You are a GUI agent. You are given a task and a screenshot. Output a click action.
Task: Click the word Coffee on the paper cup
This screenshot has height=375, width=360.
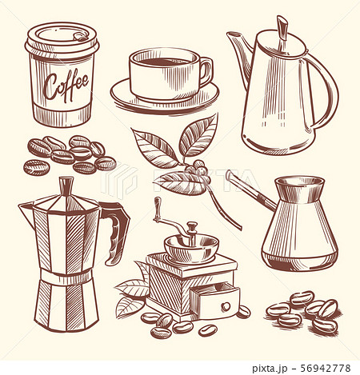tap(66, 85)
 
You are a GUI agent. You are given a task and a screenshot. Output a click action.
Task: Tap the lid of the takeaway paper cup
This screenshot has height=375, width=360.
tap(62, 41)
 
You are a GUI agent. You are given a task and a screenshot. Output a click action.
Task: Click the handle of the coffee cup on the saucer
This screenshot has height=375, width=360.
tap(206, 71)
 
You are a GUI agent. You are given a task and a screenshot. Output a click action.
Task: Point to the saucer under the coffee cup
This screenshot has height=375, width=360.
tap(165, 97)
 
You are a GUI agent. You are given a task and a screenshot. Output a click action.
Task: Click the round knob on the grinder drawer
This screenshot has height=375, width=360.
tap(226, 305)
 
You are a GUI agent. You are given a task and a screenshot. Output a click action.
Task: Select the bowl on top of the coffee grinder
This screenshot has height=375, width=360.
tap(191, 249)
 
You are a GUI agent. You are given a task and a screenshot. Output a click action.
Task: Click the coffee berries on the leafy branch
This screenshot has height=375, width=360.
tap(198, 168)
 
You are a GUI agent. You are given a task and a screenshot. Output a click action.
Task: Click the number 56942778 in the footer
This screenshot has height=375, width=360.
tap(326, 368)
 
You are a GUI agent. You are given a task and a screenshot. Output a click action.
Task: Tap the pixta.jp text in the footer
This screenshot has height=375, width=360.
tap(270, 369)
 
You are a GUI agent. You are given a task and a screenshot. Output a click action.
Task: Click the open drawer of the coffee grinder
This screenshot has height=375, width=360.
tap(215, 300)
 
